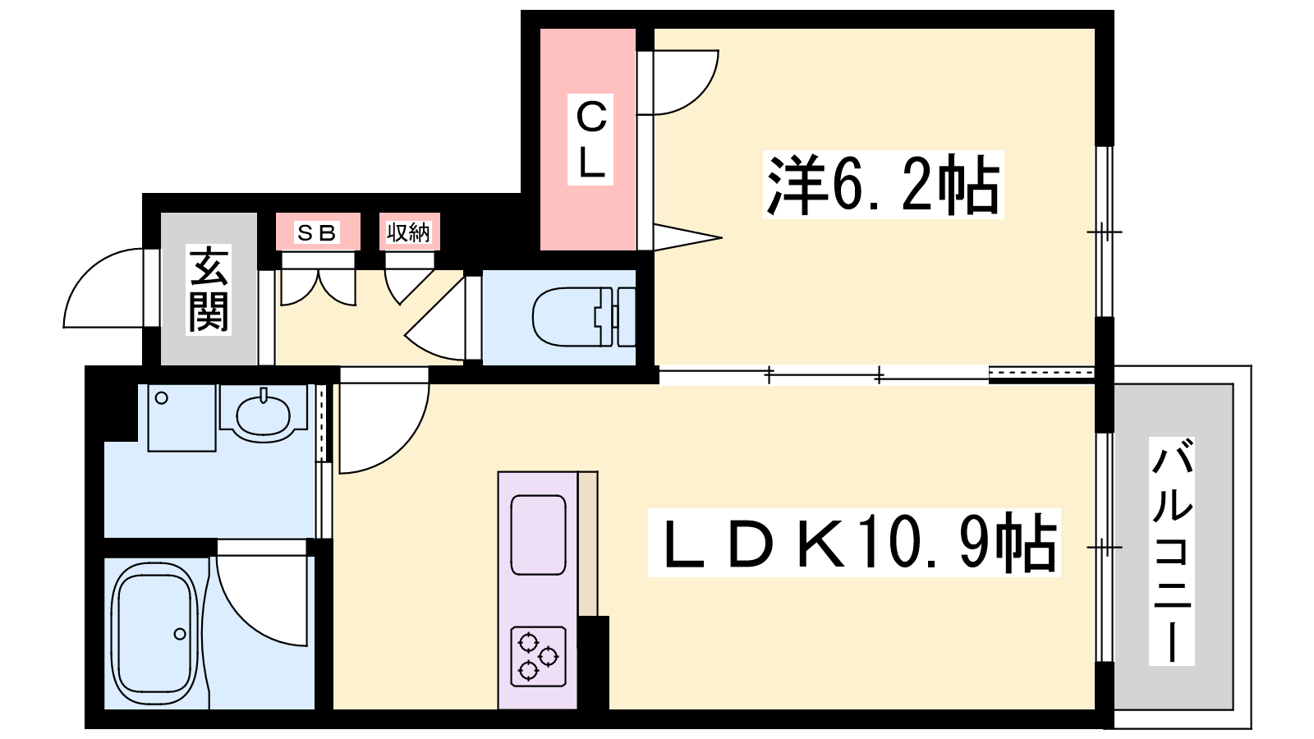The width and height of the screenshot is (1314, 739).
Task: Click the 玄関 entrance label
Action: (x=209, y=290)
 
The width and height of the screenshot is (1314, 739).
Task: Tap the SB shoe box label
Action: (x=317, y=233)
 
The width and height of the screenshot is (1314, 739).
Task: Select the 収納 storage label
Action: (x=409, y=233)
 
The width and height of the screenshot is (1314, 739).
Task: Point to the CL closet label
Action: (x=590, y=140)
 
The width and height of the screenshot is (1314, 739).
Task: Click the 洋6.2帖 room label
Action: (x=883, y=185)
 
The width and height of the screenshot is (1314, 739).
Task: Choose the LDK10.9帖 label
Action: (x=854, y=543)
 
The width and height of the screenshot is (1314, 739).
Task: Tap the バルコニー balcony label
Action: (x=1171, y=551)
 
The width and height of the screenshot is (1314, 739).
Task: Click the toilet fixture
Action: (x=584, y=317)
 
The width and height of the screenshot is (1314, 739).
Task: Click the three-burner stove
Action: (x=538, y=656)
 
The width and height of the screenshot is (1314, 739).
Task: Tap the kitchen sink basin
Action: (x=538, y=535)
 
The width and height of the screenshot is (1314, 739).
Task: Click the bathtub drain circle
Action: (x=180, y=634)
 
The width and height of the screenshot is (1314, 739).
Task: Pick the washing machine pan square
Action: (x=181, y=418)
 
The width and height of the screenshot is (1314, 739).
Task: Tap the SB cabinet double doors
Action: (x=318, y=287)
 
